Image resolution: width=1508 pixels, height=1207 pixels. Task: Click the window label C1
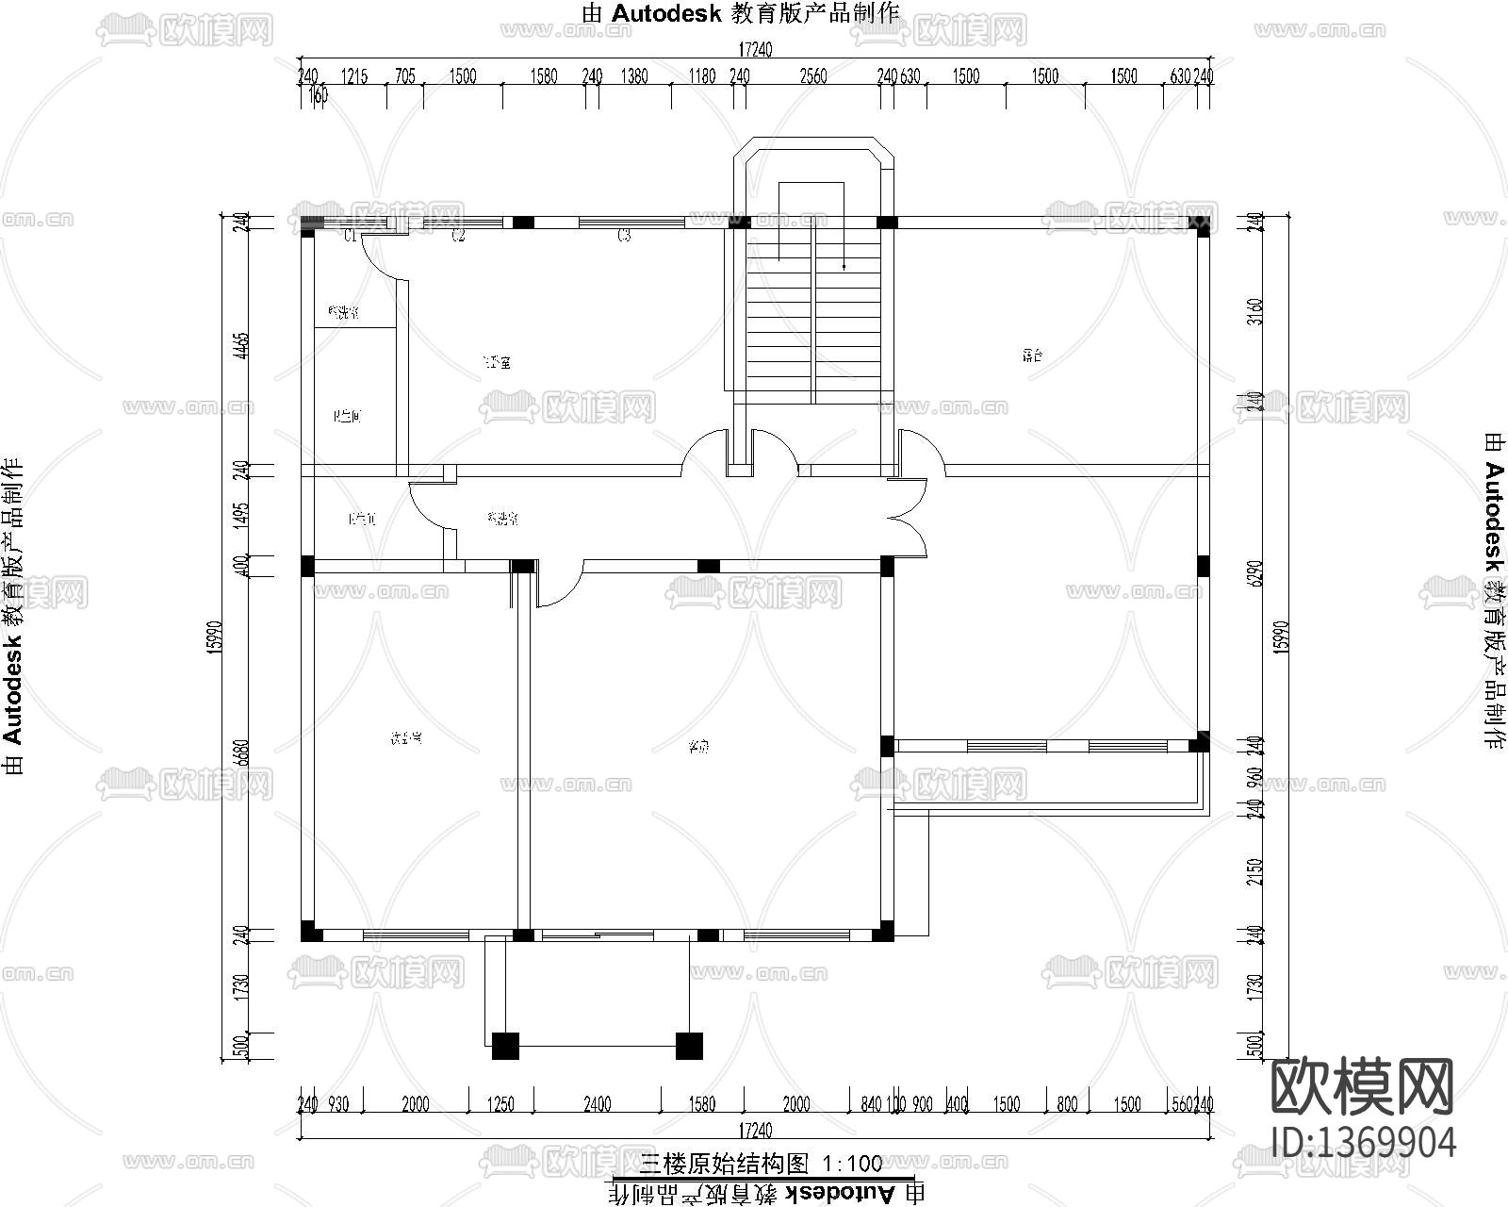349,236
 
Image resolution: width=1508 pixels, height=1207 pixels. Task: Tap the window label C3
624,236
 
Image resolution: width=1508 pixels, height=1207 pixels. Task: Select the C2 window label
458,236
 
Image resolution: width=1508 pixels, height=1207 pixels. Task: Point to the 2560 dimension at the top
812,76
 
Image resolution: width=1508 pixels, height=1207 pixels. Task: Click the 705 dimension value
404,76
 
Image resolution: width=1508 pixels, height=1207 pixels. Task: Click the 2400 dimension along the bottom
598,1104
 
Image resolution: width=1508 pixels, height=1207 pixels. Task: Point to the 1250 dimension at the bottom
501,1104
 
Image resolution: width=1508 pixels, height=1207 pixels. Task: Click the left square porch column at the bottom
505,1046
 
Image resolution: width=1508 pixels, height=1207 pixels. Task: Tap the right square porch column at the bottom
689,1046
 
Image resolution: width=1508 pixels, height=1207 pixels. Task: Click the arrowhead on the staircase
844,268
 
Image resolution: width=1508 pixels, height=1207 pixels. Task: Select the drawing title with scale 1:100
762,1163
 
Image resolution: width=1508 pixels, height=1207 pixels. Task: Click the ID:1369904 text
1364,1141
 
